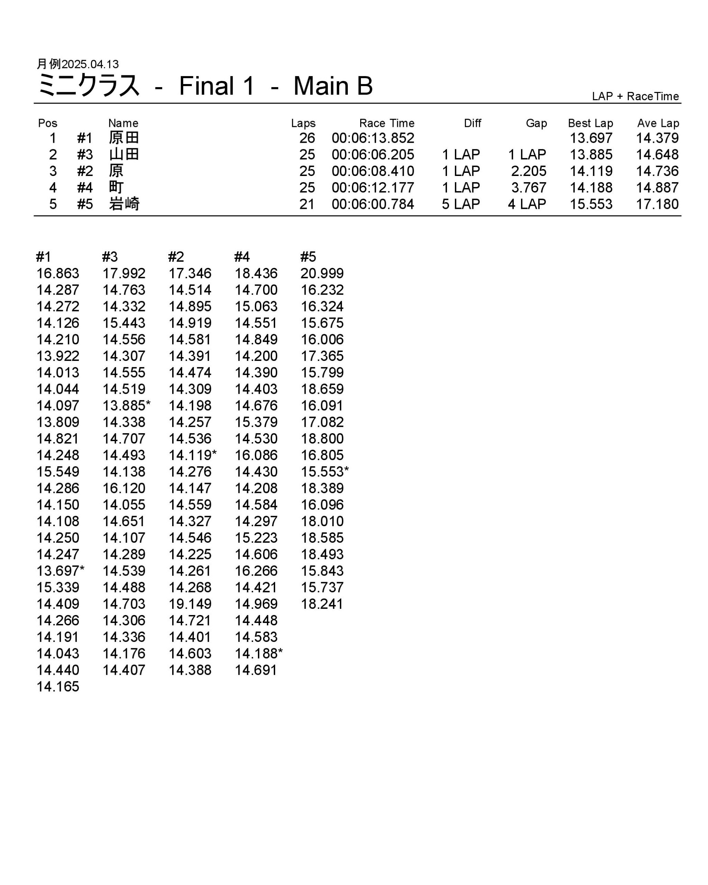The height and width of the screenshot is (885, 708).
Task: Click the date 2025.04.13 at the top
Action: coord(90,64)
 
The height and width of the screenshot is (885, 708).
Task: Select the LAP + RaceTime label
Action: coord(635,96)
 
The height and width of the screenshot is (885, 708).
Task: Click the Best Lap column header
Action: coord(590,123)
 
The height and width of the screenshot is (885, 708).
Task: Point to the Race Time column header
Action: coord(386,123)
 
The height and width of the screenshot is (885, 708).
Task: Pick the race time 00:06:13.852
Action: coord(373,138)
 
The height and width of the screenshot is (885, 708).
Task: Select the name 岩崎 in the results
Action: coord(124,204)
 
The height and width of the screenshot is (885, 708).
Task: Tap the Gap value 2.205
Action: coord(528,171)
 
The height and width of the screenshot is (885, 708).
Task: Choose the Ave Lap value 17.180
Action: coord(657,204)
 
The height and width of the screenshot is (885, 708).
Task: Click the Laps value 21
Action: coord(307,204)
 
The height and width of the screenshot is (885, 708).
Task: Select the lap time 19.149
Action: coord(190,604)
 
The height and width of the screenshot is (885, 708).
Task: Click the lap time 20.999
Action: coord(322,273)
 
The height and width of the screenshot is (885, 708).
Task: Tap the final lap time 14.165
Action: coord(58,687)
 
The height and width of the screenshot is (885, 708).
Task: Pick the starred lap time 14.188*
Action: coord(259,653)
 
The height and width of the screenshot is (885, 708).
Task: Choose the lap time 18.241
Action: coord(322,604)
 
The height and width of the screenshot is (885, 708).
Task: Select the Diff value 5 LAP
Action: coord(460,204)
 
